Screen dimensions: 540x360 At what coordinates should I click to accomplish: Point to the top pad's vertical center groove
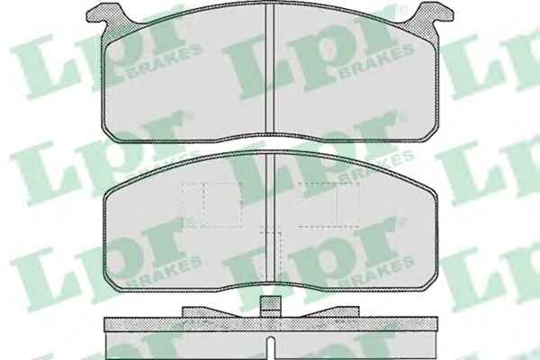coord(270,69)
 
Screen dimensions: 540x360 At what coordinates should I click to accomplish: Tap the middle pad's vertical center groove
coord(270,217)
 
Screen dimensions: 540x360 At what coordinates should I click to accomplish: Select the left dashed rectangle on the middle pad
coord(211,205)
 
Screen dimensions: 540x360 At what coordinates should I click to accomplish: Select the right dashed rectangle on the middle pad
coord(328,205)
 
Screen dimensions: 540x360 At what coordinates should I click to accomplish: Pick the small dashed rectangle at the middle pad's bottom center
coord(271,256)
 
